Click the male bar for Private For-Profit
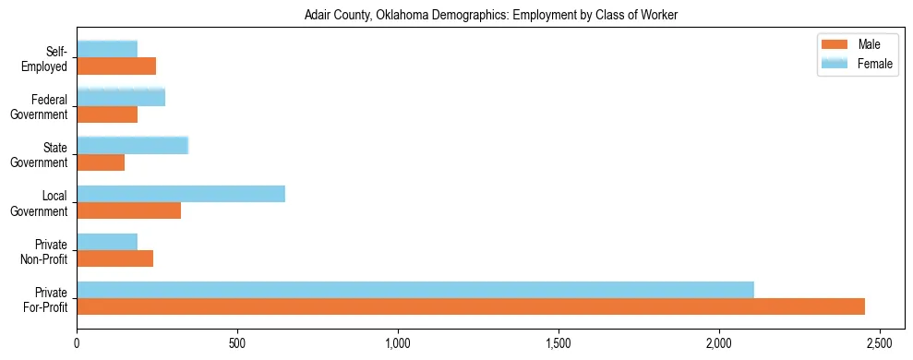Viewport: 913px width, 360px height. (x=471, y=306)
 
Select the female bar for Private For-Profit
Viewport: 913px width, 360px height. (x=415, y=290)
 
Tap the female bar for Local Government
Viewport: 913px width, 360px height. (x=181, y=194)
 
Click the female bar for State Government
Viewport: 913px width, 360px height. (x=132, y=145)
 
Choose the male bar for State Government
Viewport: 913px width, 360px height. (x=101, y=162)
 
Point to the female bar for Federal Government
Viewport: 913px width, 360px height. (x=121, y=97)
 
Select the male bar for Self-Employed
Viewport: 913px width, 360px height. (x=116, y=66)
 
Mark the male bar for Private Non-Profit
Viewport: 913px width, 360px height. (x=114, y=258)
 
